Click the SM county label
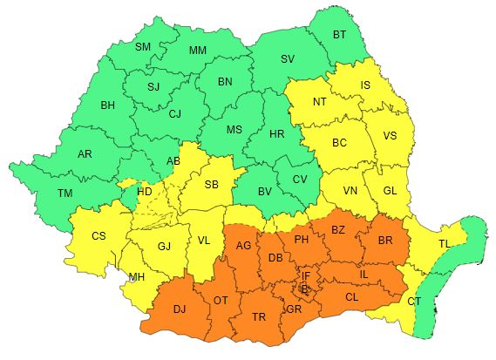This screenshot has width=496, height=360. coord(143,46)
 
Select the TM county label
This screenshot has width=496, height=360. coord(65,194)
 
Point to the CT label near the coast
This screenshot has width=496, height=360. coord(413,301)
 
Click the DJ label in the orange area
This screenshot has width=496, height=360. coord(180,308)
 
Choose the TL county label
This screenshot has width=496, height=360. coord(445,243)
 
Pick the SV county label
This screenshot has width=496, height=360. coord(288,59)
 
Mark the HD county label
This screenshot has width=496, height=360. coord(144,190)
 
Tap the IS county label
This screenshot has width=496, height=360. coord(365,85)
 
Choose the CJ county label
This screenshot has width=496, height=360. coord(175,113)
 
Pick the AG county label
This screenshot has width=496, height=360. coord(243,247)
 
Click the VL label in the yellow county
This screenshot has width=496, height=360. coord(203,241)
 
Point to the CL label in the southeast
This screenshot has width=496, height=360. coord(351,297)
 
